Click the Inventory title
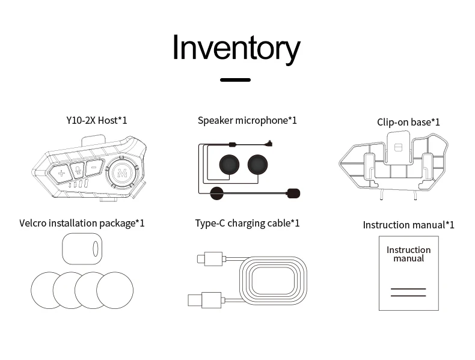236,48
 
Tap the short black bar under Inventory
235,79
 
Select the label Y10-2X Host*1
97,120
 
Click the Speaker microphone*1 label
247,120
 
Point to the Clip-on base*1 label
408,122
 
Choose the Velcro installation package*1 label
82,223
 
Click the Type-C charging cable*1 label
247,223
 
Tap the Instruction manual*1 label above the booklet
408,225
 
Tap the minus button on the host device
94,168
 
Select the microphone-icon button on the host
78,171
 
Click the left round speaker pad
229,163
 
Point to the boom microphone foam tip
293,193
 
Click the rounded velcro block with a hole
82,248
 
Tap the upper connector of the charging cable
207,259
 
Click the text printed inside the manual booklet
408,254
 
